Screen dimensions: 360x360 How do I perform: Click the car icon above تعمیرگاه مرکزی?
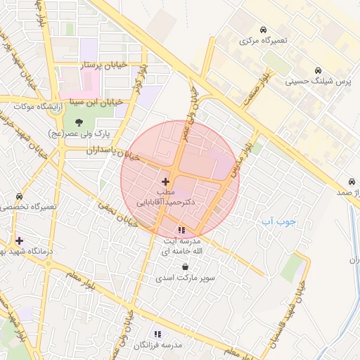tap(262, 30)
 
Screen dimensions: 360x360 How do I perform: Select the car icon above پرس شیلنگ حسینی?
tap(319, 70)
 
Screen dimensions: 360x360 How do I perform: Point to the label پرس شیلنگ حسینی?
tap(319, 82)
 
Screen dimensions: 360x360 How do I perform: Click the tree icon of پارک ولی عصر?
tap(78, 122)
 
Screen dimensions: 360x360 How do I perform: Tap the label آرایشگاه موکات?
tap(30, 106)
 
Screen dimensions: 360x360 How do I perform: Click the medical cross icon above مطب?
tap(165, 181)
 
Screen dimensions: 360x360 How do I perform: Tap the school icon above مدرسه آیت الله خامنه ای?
tap(181, 229)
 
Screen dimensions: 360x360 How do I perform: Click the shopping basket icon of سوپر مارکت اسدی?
tap(185, 267)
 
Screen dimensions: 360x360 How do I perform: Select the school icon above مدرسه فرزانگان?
tap(157, 334)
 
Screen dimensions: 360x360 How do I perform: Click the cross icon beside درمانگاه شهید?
tap(19, 240)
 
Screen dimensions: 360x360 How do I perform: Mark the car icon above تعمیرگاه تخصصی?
tap(19, 197)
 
